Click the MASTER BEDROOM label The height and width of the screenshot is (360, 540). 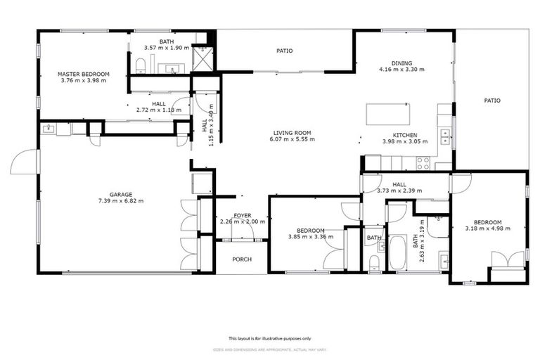(x=83, y=74)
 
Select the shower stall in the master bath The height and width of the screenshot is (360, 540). (x=204, y=58)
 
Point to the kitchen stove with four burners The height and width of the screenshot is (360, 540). (x=423, y=163)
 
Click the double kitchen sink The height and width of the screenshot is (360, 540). (x=444, y=135)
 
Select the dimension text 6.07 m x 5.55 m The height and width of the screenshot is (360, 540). (x=293, y=139)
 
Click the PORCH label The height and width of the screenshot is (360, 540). (x=242, y=259)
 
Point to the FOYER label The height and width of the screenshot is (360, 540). (x=242, y=215)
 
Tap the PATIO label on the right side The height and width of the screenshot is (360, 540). (x=492, y=101)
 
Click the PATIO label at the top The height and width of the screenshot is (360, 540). (x=284, y=51)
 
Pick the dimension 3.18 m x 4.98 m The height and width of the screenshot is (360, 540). (x=487, y=228)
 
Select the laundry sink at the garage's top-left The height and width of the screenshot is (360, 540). (x=49, y=129)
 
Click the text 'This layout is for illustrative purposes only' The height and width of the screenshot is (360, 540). (x=270, y=338)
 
